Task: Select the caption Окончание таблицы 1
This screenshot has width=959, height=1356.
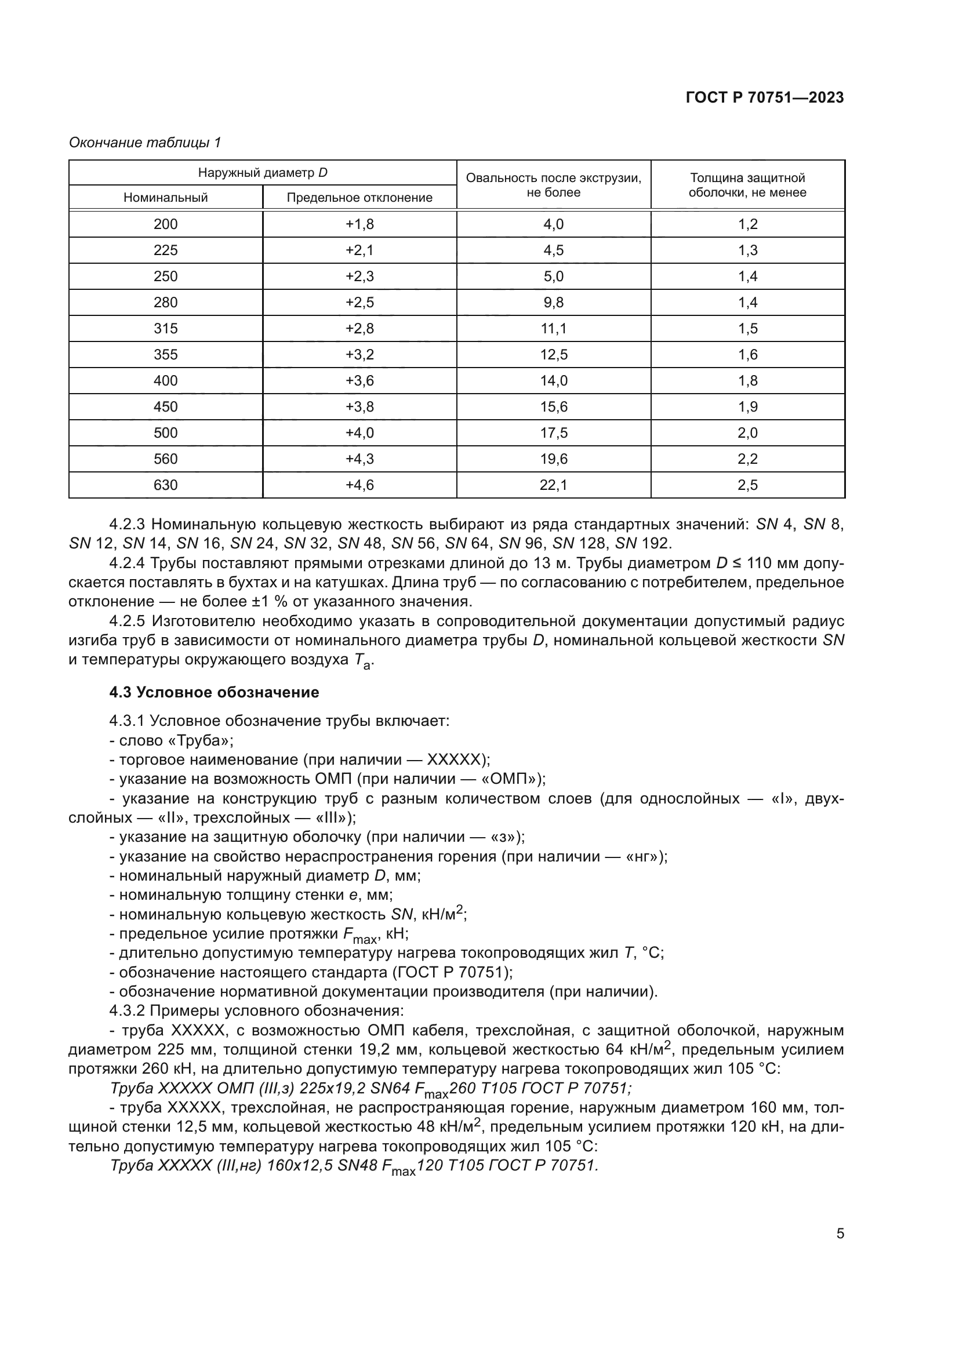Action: coord(145,143)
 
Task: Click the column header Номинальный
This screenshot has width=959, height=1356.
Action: coord(165,198)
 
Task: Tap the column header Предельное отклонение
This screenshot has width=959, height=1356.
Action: coord(359,198)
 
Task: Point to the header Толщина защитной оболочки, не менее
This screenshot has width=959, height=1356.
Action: coord(747,185)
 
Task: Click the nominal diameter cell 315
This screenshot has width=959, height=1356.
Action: coord(165,328)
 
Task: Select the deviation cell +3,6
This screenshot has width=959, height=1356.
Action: coord(359,380)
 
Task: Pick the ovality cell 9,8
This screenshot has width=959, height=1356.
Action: coord(553,303)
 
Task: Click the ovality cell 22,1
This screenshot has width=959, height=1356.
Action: coord(553,485)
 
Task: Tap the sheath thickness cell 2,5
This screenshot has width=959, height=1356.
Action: coord(747,485)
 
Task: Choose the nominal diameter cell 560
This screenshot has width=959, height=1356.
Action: coord(165,459)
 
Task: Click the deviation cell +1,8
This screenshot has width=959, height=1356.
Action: coord(359,224)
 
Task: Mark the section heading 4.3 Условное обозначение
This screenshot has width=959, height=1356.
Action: coord(214,692)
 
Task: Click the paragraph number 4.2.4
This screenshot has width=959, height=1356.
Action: coord(128,564)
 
